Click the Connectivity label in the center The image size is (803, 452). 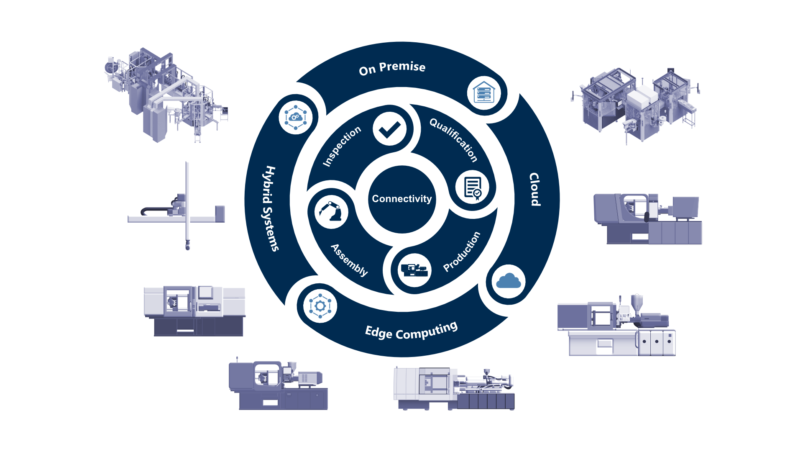(401, 199)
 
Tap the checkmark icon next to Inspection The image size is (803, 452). (389, 129)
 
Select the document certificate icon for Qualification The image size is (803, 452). (473, 187)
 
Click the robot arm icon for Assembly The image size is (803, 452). (331, 212)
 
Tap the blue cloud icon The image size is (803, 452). (508, 282)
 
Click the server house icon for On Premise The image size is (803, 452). (484, 93)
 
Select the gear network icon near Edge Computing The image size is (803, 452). (320, 306)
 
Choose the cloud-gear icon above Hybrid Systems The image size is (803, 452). (296, 117)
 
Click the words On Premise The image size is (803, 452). (392, 68)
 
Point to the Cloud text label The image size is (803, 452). (534, 189)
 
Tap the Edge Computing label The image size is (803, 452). (412, 331)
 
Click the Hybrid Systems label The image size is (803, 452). (270, 208)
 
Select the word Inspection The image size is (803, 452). (342, 146)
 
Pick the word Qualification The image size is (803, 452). (454, 139)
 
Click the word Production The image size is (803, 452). (462, 251)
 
